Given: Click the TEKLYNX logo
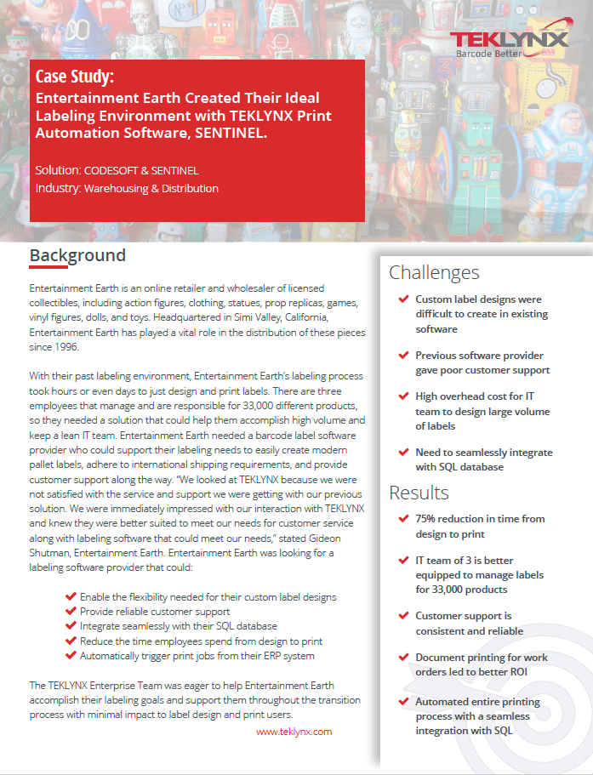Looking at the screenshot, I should [509, 40].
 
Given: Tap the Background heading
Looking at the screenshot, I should [77, 255].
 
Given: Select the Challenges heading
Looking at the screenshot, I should [434, 272].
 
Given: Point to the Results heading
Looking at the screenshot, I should [419, 493].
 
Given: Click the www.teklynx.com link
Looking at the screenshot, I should [294, 731].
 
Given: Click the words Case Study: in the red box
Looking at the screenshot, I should [75, 77].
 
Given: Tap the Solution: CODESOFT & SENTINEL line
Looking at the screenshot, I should [117, 170].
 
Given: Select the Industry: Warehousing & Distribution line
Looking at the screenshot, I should [127, 188].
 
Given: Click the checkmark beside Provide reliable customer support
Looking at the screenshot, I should [71, 612].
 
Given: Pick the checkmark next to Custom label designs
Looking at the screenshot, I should [402, 299].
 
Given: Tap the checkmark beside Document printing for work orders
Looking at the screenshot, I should [402, 658].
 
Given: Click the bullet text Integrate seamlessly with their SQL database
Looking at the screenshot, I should [178, 626].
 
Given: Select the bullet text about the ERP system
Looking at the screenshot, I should [197, 656].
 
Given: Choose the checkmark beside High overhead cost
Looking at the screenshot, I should [402, 396].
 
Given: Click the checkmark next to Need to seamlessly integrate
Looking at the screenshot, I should [402, 453].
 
